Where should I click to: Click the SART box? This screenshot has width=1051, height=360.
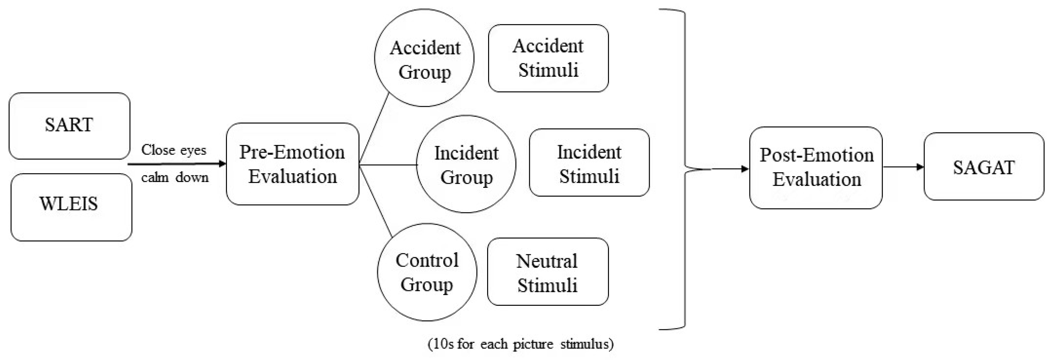pyautogui.click(x=69, y=125)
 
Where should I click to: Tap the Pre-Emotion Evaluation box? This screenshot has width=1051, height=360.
pyautogui.click(x=293, y=164)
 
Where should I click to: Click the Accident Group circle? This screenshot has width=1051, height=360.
pyautogui.click(x=424, y=58)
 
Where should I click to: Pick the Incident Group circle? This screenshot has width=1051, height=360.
pyautogui.click(x=466, y=164)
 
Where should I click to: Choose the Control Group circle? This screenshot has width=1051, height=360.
pyautogui.click(x=427, y=272)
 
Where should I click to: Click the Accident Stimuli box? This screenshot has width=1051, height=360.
pyautogui.click(x=548, y=58)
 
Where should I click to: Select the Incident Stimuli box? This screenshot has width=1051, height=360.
pyautogui.click(x=589, y=162)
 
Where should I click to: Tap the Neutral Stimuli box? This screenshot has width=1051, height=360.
pyautogui.click(x=548, y=272)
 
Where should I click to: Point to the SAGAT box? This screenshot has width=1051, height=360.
pyautogui.click(x=984, y=167)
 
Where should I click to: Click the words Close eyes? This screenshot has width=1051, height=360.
pyautogui.click(x=173, y=150)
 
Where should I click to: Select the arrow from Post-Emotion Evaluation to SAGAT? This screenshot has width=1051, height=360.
pyautogui.click(x=903, y=167)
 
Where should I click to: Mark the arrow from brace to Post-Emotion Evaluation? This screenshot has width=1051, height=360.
pyautogui.click(x=730, y=169)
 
